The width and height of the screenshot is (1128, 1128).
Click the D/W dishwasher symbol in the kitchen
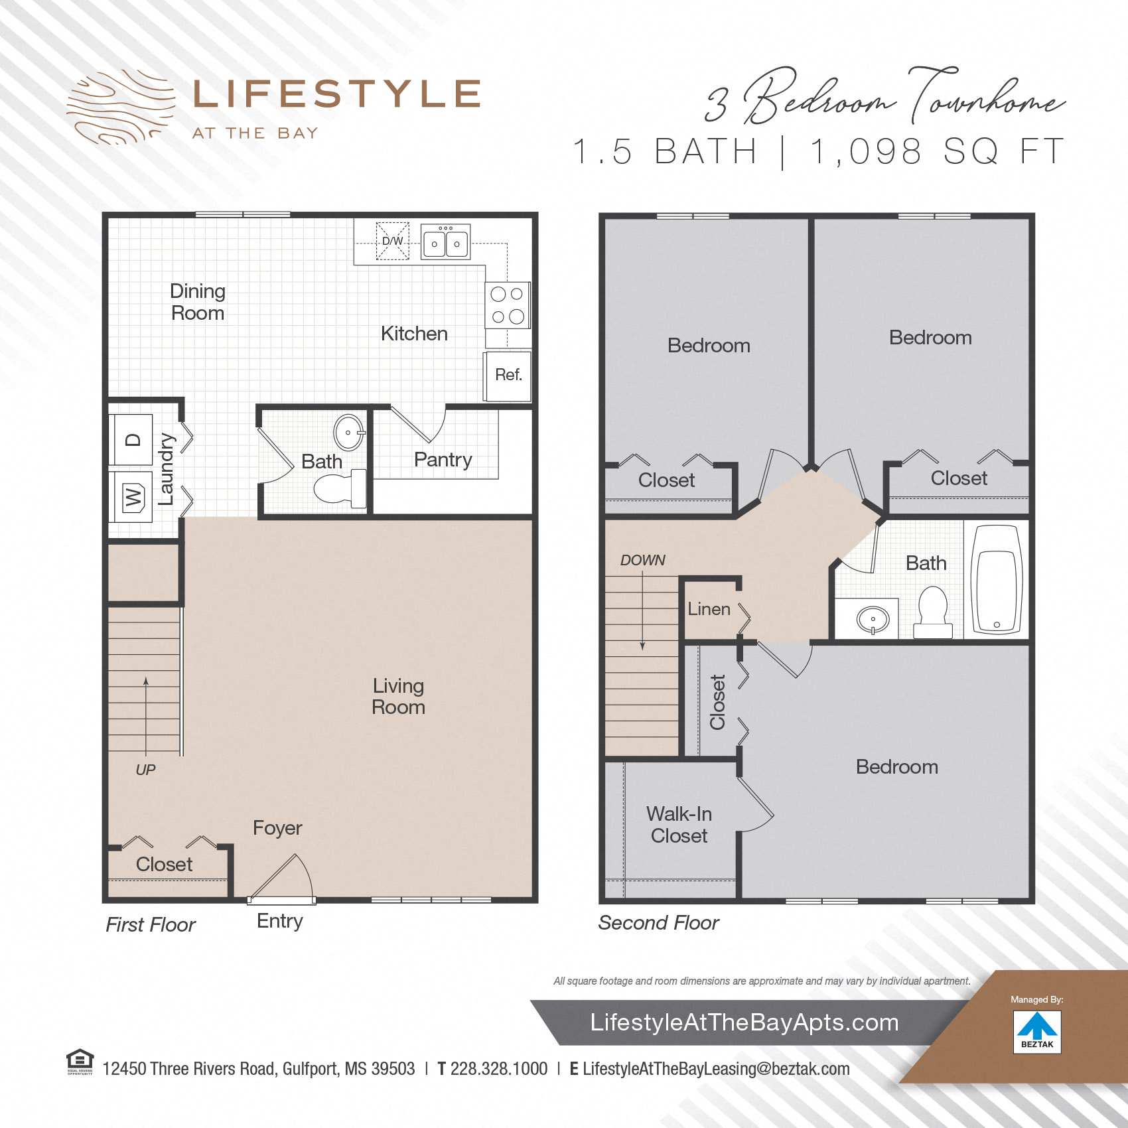pos(393,241)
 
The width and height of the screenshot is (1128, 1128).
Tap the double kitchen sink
pos(446,242)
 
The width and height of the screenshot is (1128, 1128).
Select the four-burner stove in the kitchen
pos(508,305)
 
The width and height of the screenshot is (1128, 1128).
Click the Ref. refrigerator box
pos(508,376)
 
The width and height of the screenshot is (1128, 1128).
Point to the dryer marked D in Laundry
pos(132,439)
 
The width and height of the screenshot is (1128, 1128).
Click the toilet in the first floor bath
pos(342,488)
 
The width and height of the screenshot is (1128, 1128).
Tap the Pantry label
pos(443,459)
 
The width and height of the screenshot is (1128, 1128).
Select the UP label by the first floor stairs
pos(145,770)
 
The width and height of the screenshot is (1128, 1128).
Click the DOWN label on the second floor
pos(642,560)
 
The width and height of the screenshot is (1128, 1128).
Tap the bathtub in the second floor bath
pos(997,579)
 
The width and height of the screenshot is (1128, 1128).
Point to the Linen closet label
pos(709,609)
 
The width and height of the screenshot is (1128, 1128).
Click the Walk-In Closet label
pos(679,825)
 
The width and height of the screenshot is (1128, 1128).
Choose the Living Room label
pos(398,696)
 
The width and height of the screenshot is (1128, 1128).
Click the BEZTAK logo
pos(1037,1031)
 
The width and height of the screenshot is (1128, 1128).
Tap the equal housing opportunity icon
pos(80,1060)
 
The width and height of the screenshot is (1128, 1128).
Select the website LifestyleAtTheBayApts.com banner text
pos(744,1022)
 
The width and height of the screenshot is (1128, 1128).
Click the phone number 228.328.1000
pos(498,1069)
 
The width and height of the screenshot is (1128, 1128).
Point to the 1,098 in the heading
pos(865,151)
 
